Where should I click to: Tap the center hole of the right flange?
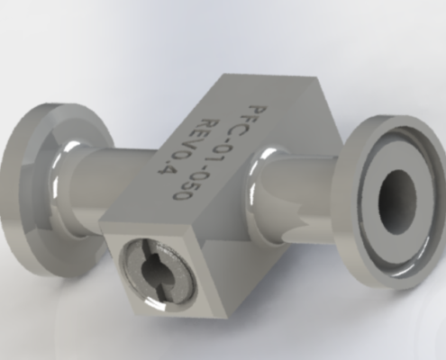396,193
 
